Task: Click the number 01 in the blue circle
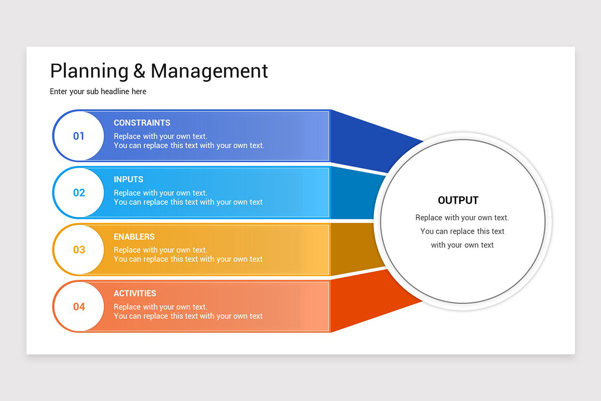(x=79, y=136)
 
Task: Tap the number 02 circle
(x=79, y=192)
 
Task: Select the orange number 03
(x=79, y=250)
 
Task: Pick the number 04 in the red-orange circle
(x=79, y=306)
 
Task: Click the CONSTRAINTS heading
(x=142, y=123)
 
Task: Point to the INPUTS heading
(x=128, y=179)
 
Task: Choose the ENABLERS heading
(x=134, y=237)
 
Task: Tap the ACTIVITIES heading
(x=135, y=293)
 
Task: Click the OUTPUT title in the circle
(x=458, y=200)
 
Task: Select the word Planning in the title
(x=89, y=71)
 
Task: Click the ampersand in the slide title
(x=139, y=71)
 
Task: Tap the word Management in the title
(x=209, y=71)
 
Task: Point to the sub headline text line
(x=98, y=91)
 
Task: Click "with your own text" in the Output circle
(x=462, y=245)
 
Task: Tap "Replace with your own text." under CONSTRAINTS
(x=160, y=136)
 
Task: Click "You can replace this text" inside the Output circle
(x=462, y=231)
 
